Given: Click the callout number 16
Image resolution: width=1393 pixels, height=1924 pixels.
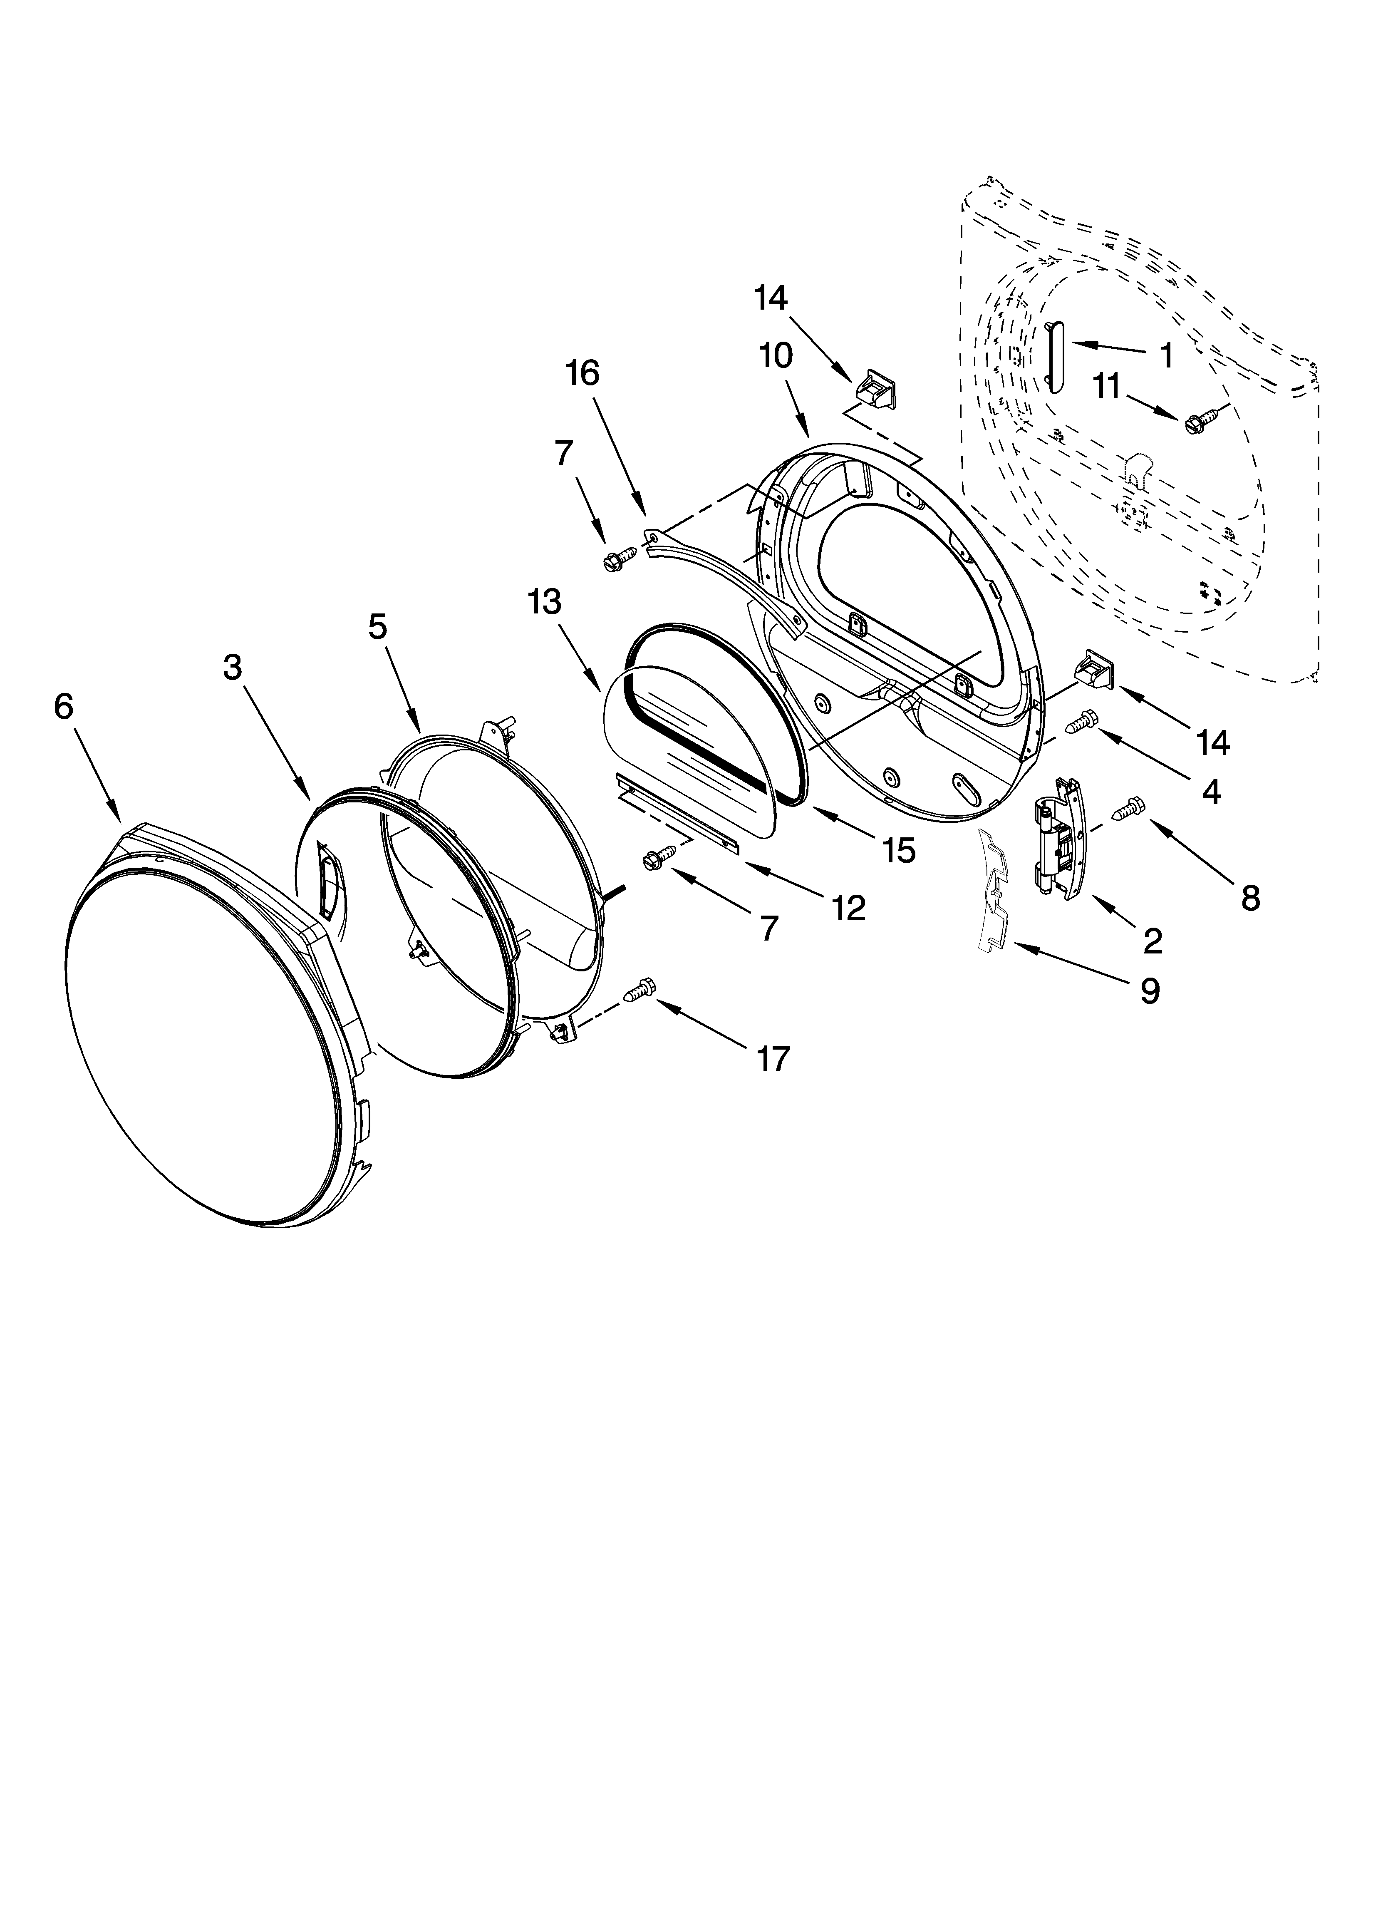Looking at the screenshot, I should click(583, 373).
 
